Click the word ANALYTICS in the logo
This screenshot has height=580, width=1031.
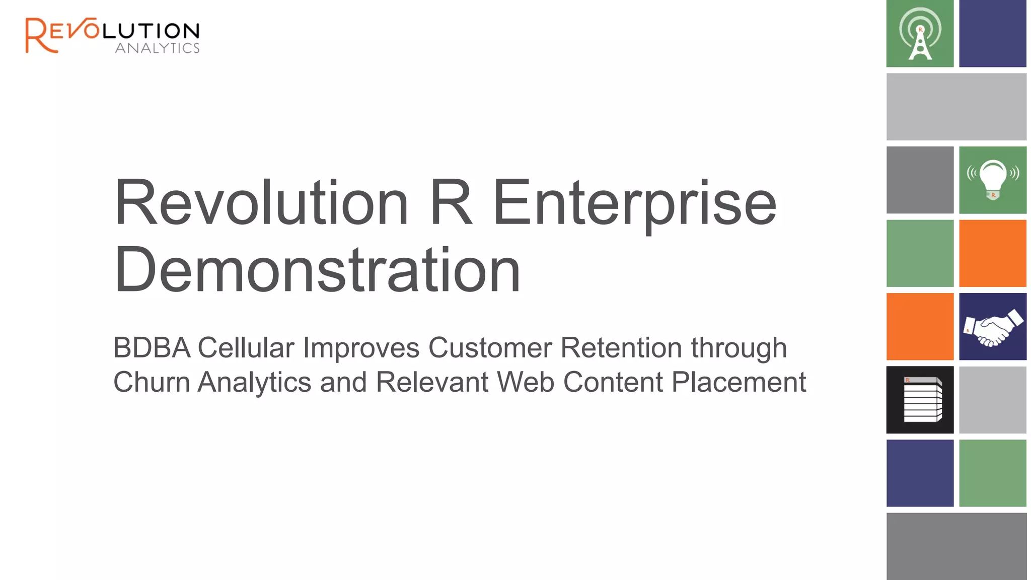157,48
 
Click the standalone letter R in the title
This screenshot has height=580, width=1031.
451,203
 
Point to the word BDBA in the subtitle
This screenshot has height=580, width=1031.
152,348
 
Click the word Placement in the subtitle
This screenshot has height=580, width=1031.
739,382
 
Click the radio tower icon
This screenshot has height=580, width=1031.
920,34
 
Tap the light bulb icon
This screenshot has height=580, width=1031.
992,180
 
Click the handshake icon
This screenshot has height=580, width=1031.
992,327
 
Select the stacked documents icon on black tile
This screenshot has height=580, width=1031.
920,400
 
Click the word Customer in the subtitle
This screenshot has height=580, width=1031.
490,348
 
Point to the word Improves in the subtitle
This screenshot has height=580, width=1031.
361,348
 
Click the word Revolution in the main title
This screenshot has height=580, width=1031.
262,203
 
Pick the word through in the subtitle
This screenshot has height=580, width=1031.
739,348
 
